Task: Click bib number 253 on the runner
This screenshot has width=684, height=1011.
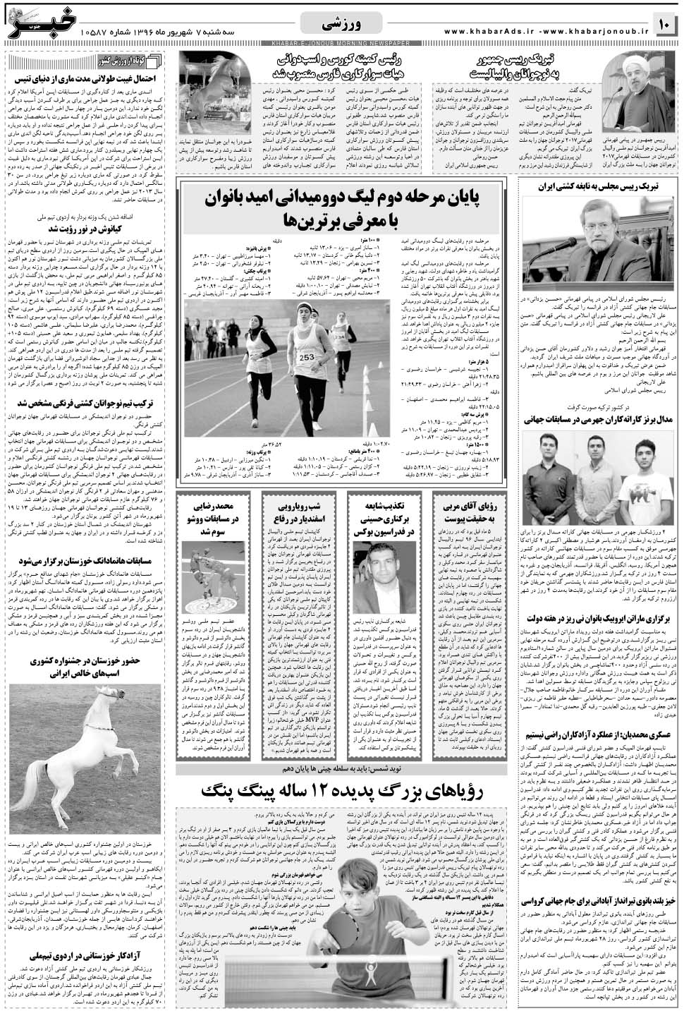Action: click(307, 357)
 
